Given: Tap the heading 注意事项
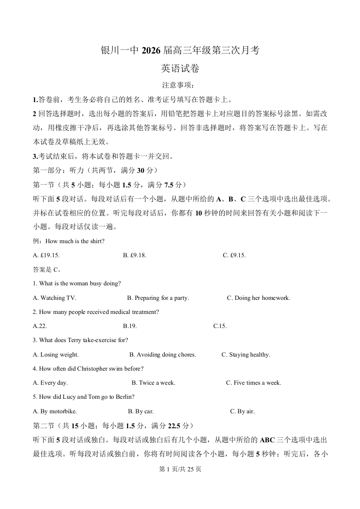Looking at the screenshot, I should pos(180,85).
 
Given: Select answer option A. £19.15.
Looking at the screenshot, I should pos(46,255).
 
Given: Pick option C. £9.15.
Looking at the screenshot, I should pos(234,255).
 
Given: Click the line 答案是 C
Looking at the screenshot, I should pos(47,269).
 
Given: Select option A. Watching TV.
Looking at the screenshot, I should pos(54,298).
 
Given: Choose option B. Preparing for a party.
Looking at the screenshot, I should pos(158,298).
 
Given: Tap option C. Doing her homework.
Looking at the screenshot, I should pos(258,298).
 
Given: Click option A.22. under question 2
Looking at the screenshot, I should pos(40,326).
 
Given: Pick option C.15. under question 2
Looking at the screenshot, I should pos(220,326).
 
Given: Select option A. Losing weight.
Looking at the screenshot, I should pos(56,355).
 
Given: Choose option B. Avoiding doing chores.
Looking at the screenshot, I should pos(163,355).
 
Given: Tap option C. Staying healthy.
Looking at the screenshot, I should pos(246,355).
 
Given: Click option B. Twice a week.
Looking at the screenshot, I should pos(153,383).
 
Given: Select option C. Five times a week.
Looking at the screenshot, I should pos(253,383).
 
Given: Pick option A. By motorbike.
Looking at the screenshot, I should pos(55,411).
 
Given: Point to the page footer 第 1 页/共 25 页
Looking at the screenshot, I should pos(180,469).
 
